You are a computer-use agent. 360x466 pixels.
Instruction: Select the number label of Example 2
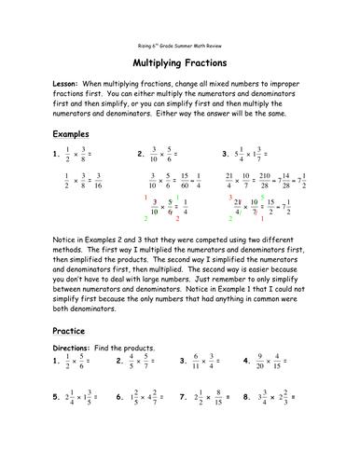click(140, 153)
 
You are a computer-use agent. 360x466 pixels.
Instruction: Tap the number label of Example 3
click(225, 153)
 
